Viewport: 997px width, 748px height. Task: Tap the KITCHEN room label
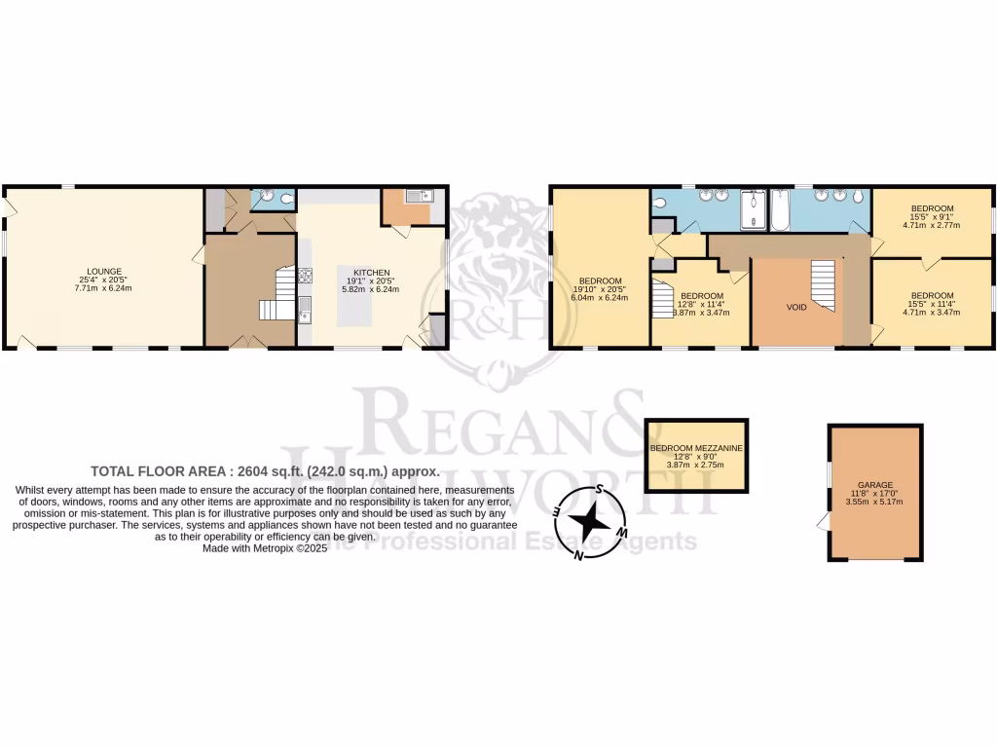click(x=371, y=272)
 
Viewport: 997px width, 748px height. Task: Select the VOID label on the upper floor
click(x=796, y=307)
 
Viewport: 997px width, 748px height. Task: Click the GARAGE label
click(x=874, y=484)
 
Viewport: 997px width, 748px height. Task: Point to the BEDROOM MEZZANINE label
click(x=697, y=448)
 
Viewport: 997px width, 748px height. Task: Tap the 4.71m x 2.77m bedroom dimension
click(x=931, y=225)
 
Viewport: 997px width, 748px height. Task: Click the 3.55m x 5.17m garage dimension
click(x=874, y=502)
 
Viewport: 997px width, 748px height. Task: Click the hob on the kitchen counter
click(x=305, y=275)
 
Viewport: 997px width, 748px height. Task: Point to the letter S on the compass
click(x=601, y=490)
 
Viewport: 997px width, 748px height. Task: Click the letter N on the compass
click(x=578, y=555)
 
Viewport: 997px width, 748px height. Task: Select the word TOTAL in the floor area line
click(x=113, y=469)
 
